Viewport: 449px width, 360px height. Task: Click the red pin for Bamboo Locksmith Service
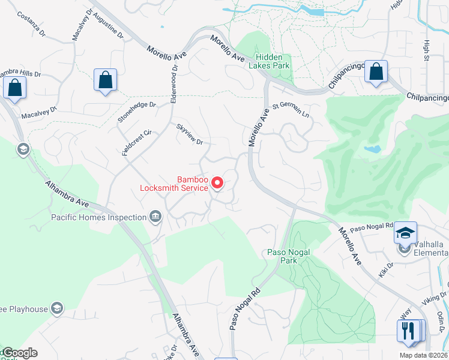(x=218, y=183)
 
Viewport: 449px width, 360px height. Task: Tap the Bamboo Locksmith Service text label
(x=174, y=184)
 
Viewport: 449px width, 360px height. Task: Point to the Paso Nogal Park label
(x=288, y=257)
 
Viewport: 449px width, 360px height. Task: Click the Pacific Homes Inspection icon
(x=156, y=217)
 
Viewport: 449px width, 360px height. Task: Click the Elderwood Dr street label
(x=175, y=84)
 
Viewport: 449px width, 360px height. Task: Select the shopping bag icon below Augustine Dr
(x=105, y=80)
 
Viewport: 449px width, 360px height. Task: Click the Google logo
(x=19, y=353)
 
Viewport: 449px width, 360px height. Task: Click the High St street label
(x=427, y=50)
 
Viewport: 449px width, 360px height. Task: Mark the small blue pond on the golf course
(x=372, y=148)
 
